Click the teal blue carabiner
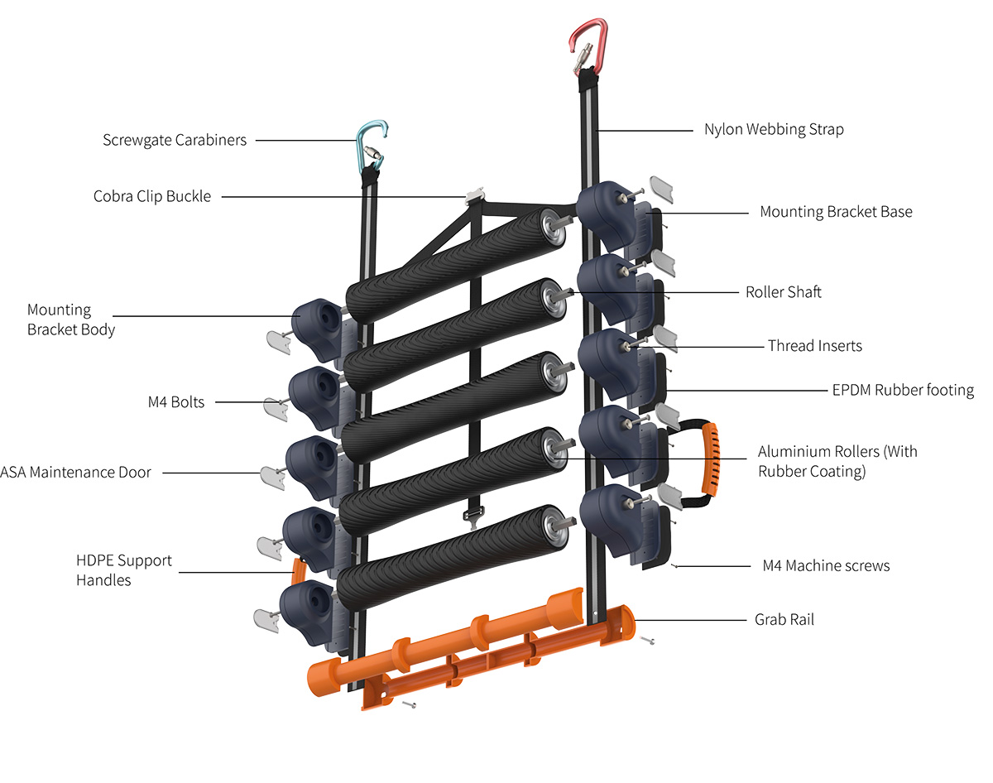(360, 143)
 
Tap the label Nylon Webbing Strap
(774, 130)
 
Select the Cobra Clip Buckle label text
(151, 197)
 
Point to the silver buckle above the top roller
(474, 196)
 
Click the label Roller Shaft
(784, 292)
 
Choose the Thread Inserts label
(815, 346)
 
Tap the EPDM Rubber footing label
(903, 390)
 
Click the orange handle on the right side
(710, 459)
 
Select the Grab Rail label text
(784, 620)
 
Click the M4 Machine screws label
(826, 566)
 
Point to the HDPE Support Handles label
(123, 570)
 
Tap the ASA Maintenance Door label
(75, 473)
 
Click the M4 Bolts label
(175, 402)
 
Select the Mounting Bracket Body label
(71, 320)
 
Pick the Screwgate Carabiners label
(175, 141)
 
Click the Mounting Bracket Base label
(836, 213)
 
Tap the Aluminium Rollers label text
(837, 462)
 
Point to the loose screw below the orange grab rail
(410, 704)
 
